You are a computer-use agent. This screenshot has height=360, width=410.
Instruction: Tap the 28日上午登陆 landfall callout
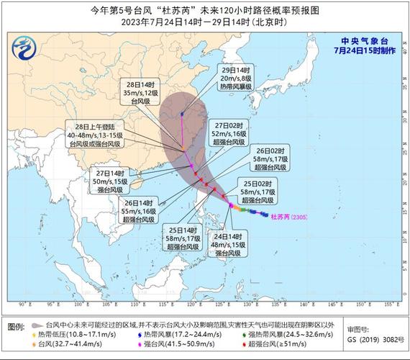click(x=94, y=134)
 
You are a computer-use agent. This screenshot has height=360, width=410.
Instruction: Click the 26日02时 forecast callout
click(x=268, y=159)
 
